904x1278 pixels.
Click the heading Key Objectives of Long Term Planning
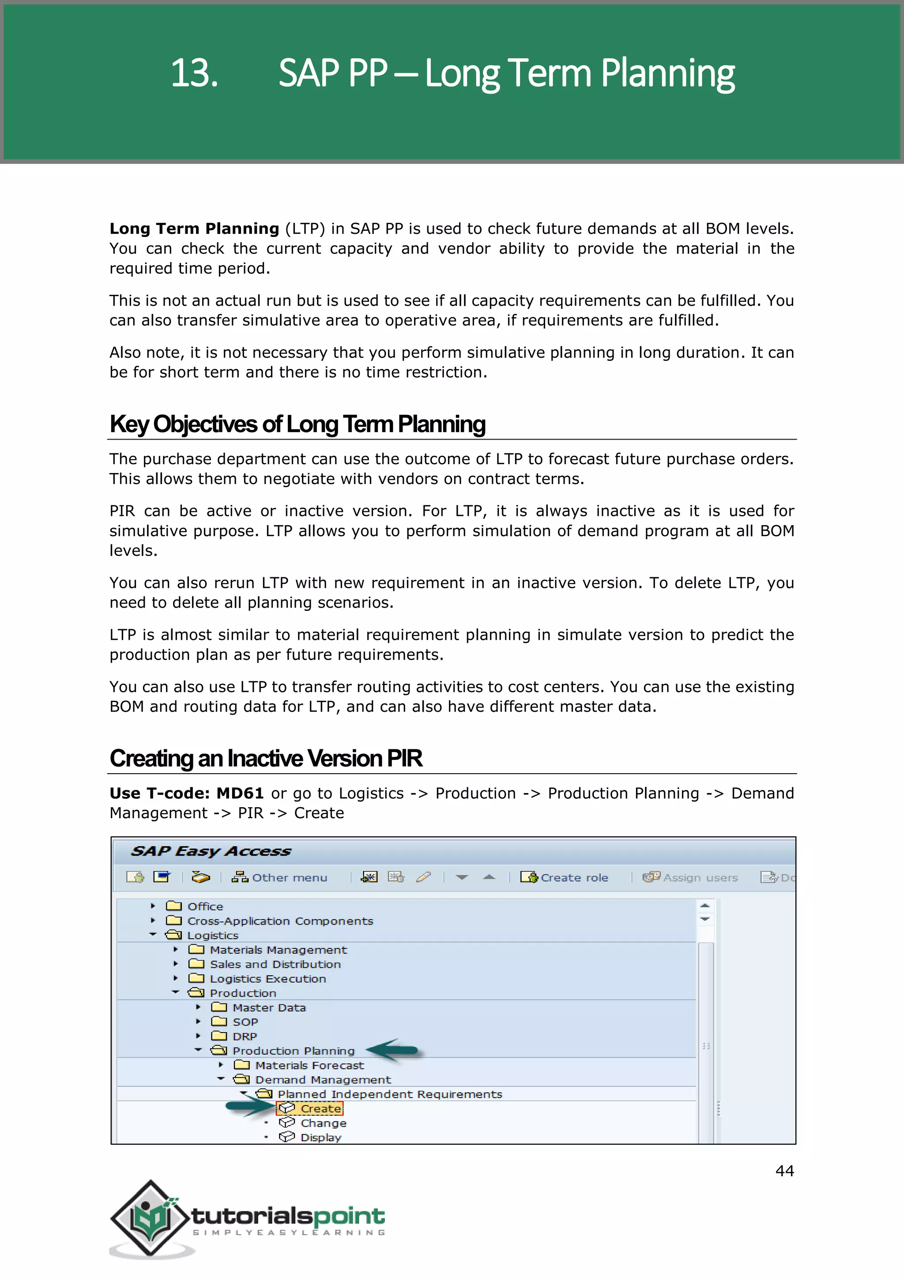click(297, 424)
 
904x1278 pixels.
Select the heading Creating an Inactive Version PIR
click(266, 758)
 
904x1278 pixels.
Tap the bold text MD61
click(239, 793)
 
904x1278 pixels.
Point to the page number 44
click(784, 1171)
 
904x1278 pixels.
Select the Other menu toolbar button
click(280, 878)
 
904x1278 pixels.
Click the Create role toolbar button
click(565, 878)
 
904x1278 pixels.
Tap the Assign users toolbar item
click(690, 878)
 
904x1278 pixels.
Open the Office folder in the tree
click(204, 907)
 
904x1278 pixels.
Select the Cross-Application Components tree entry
click(279, 921)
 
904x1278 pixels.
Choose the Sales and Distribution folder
click(275, 965)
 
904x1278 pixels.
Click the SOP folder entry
click(245, 1022)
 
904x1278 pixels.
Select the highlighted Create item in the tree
click(320, 1109)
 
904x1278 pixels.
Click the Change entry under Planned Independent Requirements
click(323, 1123)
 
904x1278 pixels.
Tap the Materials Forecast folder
click(309, 1065)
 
